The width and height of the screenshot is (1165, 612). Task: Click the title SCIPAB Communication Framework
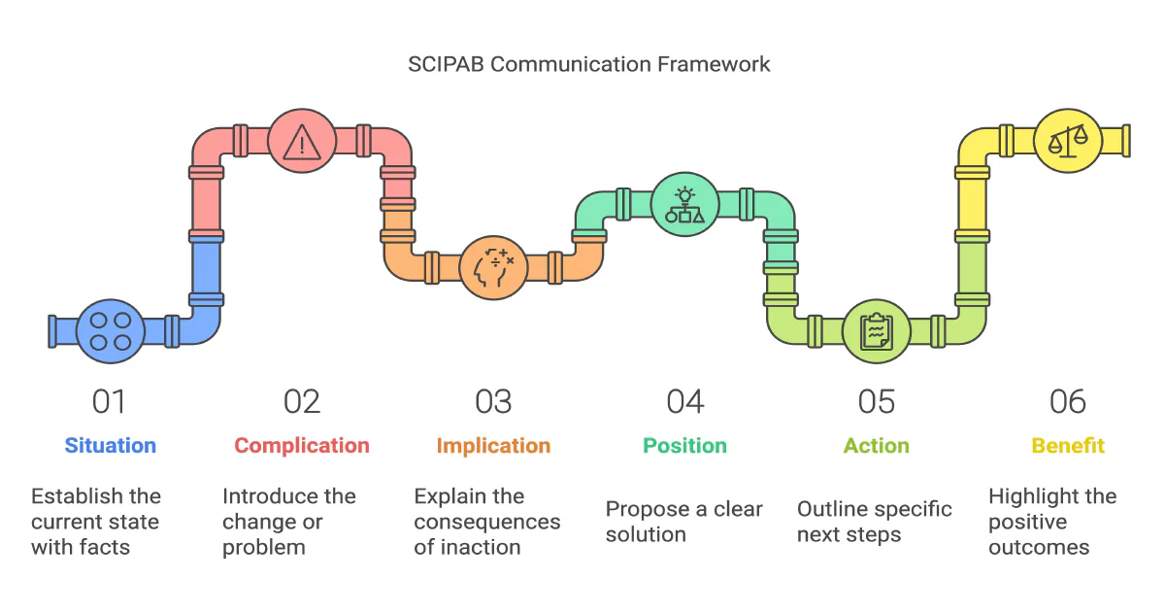coord(588,65)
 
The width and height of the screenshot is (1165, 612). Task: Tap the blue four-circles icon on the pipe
coord(110,330)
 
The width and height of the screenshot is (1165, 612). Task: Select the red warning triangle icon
coord(302,142)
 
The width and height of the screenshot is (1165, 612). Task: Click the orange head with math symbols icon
coord(493,267)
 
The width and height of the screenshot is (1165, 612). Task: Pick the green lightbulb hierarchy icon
coord(684,204)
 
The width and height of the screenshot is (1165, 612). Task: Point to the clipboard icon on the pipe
coord(876,330)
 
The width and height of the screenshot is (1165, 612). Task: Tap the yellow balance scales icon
coord(1067,140)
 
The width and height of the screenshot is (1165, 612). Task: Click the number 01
coord(110,401)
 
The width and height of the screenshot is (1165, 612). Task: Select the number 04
coord(684,401)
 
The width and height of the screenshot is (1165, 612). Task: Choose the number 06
coord(1067,401)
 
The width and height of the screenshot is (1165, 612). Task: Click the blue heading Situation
coord(110,446)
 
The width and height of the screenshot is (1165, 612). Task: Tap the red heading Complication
coord(302,446)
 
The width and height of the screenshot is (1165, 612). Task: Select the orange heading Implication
coord(493,446)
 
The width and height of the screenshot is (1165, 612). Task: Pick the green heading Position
coord(684,446)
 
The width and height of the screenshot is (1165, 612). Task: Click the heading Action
coord(876,446)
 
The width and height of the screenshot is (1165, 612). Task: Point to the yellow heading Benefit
coord(1067,446)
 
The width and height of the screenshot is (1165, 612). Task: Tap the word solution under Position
coord(646,534)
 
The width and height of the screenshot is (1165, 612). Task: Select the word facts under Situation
coord(104,547)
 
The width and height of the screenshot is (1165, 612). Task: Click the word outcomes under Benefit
coord(1039,547)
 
